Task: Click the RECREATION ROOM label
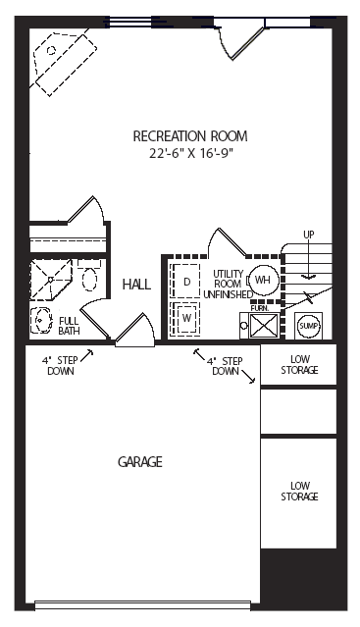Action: (190, 136)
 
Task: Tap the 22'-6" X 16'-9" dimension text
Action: (190, 153)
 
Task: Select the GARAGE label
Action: (140, 462)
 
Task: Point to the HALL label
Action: (136, 285)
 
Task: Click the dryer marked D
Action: (185, 281)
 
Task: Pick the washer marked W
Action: (185, 318)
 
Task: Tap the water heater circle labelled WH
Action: (263, 280)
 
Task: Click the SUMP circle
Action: (309, 327)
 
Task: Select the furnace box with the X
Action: (263, 326)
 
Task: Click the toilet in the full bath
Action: (89, 275)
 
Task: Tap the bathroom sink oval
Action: (41, 320)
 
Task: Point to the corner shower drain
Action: (50, 280)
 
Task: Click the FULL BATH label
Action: (69, 326)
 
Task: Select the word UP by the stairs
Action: (309, 235)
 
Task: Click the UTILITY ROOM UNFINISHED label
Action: (228, 285)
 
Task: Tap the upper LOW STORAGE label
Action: (299, 365)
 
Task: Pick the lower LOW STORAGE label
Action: (299, 491)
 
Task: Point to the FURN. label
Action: (260, 308)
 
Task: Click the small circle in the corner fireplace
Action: (51, 50)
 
